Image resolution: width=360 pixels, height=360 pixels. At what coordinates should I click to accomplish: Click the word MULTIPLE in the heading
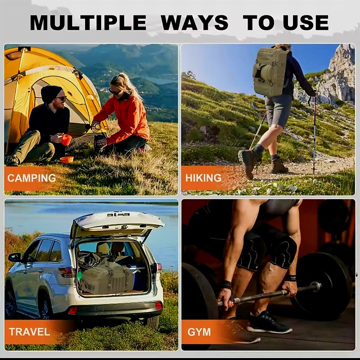88,23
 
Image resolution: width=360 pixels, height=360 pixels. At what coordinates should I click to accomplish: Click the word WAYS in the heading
194,23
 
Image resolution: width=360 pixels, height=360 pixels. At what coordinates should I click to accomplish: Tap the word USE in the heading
306,23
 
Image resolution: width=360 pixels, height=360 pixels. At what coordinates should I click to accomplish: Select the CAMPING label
32,178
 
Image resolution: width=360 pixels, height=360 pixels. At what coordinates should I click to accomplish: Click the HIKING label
203,178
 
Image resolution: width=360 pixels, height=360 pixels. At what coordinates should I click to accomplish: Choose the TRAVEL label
29,332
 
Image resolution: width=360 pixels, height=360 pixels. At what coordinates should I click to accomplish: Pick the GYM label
199,332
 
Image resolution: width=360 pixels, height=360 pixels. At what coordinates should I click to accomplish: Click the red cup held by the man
66,140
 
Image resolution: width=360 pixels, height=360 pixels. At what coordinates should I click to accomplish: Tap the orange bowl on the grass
67,160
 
